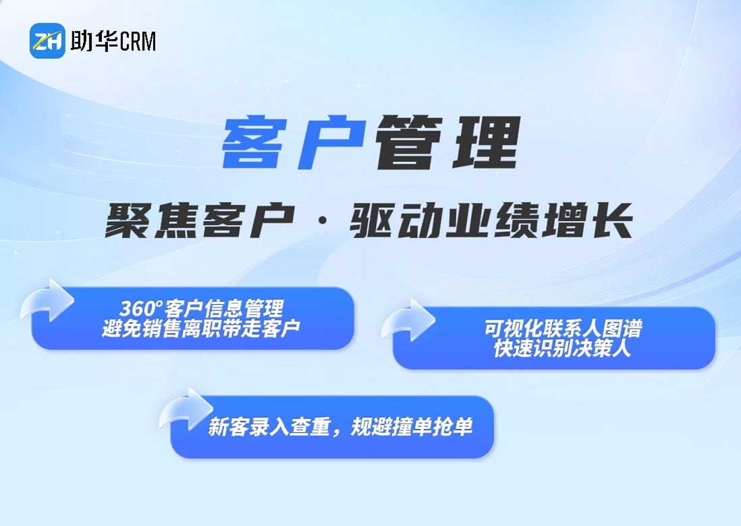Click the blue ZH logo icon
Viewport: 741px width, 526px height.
tap(47, 40)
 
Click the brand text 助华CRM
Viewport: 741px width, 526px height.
tap(113, 41)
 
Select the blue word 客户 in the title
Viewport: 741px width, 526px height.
tap(294, 143)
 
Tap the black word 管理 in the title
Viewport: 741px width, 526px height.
tap(447, 143)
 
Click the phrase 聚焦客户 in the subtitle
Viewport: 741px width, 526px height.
tap(200, 221)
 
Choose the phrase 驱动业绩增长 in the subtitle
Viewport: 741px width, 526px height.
tap(491, 221)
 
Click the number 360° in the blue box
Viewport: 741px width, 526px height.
tap(140, 309)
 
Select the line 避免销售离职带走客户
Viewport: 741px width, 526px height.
tap(201, 328)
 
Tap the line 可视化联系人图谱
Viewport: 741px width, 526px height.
tap(563, 328)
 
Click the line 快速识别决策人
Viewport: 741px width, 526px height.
tap(562, 349)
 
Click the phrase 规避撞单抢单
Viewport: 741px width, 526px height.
tap(412, 428)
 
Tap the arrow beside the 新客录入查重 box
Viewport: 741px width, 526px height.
tap(187, 409)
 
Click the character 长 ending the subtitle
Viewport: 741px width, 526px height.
tap(613, 221)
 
